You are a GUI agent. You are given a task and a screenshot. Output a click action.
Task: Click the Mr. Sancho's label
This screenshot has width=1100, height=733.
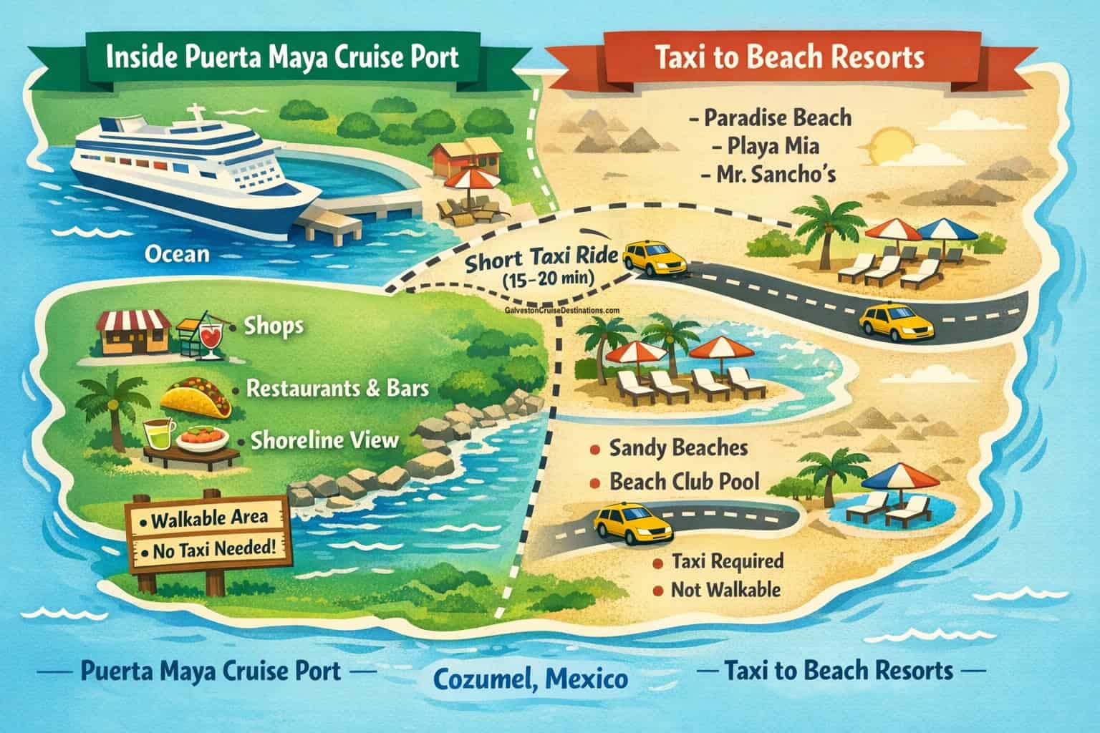point(773,175)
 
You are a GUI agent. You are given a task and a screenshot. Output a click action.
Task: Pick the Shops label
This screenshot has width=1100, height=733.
point(273,326)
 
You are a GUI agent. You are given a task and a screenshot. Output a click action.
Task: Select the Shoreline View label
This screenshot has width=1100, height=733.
point(324,440)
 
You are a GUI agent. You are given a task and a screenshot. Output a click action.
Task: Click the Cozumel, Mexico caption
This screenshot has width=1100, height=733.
point(531,677)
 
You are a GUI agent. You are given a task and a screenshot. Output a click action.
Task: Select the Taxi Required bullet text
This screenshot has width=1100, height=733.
point(728,562)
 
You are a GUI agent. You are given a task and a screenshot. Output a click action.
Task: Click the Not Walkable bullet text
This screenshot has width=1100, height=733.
point(724,591)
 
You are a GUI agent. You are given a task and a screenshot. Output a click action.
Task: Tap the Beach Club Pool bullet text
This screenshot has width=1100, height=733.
point(683,482)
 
